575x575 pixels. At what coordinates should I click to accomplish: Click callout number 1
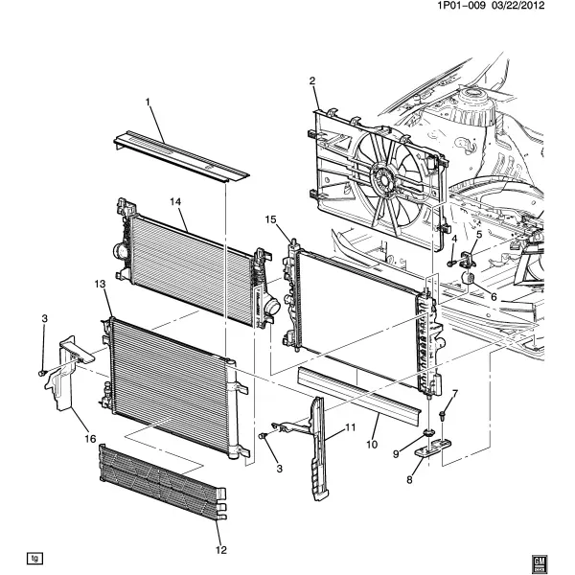[149, 102]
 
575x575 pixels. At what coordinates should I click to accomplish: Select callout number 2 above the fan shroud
[312, 80]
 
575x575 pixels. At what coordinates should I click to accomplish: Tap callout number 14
[175, 201]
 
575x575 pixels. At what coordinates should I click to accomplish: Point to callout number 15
[270, 219]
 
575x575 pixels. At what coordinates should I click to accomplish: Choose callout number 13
[100, 284]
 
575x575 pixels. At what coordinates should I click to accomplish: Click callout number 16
[90, 438]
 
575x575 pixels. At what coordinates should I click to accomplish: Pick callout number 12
[221, 550]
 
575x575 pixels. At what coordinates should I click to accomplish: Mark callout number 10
[372, 445]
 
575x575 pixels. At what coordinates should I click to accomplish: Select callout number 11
[350, 427]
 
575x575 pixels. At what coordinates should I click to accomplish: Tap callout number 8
[409, 479]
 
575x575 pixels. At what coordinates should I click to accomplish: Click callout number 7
[454, 394]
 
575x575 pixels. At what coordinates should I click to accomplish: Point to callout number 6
[494, 296]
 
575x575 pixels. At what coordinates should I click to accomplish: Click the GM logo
[540, 562]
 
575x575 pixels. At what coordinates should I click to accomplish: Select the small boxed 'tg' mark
[34, 559]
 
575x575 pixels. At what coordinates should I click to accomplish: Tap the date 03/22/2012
[517, 6]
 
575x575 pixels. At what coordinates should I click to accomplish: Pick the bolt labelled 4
[450, 263]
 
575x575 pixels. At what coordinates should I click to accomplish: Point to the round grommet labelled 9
[428, 433]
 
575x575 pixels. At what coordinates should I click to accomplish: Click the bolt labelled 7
[442, 415]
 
